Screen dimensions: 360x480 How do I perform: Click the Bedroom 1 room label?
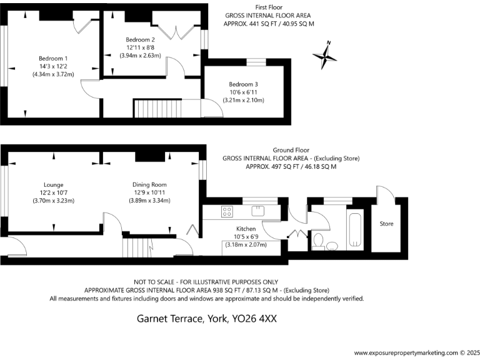click(x=53, y=58)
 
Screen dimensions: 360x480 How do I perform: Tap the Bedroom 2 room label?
click(x=140, y=39)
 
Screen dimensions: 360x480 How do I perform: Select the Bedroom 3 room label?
click(x=243, y=84)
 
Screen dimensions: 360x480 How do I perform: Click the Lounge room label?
click(x=53, y=185)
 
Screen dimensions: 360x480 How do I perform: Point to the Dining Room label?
click(x=149, y=185)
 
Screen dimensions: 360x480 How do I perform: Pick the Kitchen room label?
click(x=246, y=229)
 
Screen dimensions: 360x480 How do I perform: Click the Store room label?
click(x=387, y=223)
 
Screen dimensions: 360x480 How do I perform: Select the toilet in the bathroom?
click(x=318, y=241)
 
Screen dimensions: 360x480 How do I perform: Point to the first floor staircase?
click(x=158, y=109)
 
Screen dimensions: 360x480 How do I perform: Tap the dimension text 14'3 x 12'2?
click(x=53, y=66)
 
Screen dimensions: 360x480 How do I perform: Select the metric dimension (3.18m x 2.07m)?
click(x=246, y=244)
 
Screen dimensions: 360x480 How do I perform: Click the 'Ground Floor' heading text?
click(x=291, y=151)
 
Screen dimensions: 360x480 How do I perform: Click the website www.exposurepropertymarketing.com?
click(x=403, y=352)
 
